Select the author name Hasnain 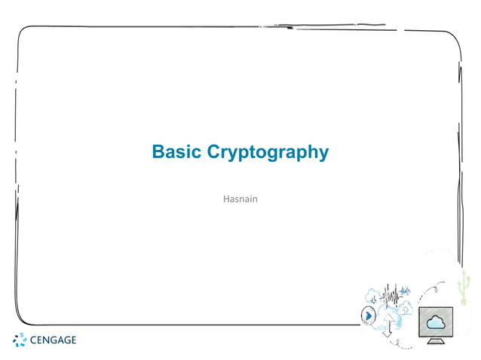[240, 200]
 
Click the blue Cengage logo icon [20, 340]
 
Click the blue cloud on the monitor [437, 323]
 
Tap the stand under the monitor [436, 341]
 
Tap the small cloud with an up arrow [406, 307]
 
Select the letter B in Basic [158, 151]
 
